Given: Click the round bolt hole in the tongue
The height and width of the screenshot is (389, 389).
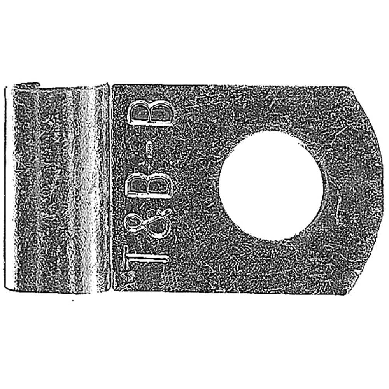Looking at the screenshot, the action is click(x=271, y=186).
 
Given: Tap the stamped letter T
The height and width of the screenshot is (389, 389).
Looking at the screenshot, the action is click(x=146, y=258).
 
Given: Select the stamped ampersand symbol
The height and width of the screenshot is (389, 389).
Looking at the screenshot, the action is click(x=148, y=223).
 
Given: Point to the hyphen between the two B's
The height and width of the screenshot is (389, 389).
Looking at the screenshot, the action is click(x=150, y=149).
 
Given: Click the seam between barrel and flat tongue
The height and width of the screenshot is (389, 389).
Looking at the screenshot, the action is click(x=111, y=187).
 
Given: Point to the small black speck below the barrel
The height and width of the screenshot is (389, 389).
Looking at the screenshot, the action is click(x=73, y=301).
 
